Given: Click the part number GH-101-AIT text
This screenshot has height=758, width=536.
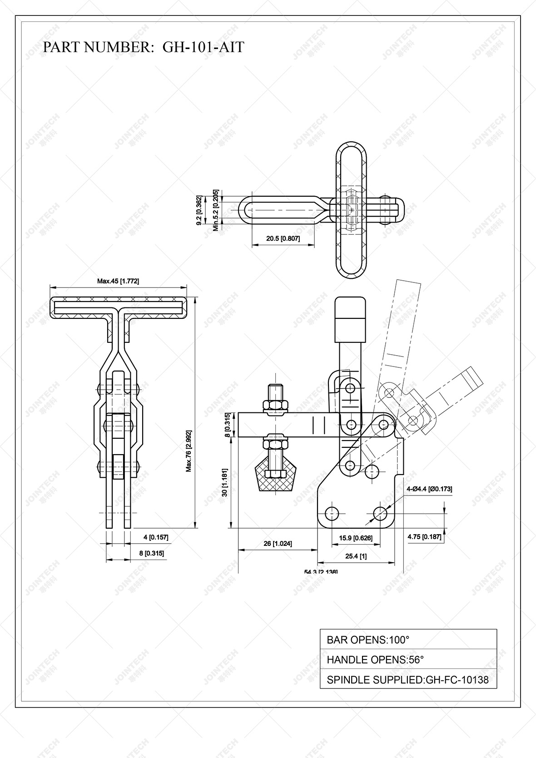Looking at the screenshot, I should tap(203, 47).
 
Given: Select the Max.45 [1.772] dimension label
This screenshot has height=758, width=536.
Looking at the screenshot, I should tap(118, 281).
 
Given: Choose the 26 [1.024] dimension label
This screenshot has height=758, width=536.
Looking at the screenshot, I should tap(278, 543).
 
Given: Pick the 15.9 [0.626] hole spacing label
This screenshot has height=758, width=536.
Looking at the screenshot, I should tap(356, 538).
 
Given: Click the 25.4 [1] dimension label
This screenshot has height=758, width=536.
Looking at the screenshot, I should tap(356, 556).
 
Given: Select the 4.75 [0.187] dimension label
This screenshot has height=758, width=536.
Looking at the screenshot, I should tap(424, 536).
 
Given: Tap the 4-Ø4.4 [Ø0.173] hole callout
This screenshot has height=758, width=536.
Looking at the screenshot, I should tap(429, 489).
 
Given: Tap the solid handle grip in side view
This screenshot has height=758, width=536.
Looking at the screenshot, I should tap(350, 319).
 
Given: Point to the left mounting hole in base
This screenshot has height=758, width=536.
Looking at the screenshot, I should tap(333, 514).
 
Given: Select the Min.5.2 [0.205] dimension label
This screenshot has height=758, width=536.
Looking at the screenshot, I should tap(216, 210).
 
